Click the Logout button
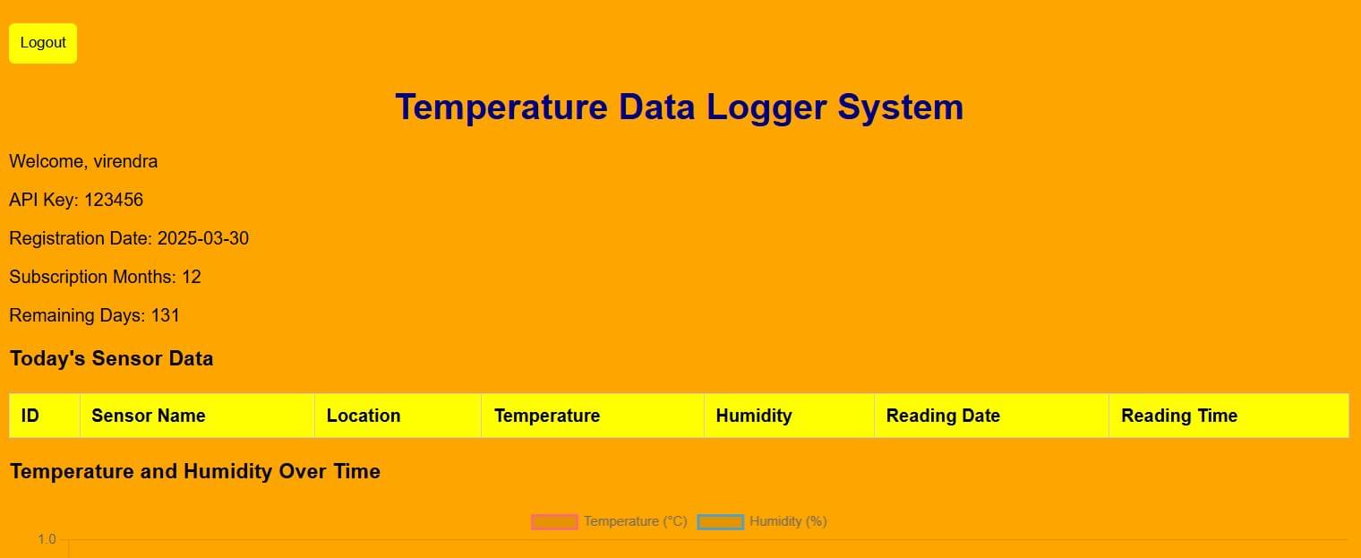43,43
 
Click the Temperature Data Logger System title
679,107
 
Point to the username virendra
125,162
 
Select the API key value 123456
114,200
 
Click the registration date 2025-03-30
203,238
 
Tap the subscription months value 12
192,277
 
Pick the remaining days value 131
166,315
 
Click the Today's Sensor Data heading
111,359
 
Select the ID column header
30,416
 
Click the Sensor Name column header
149,416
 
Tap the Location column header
364,416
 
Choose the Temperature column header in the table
547,416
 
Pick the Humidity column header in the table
754,416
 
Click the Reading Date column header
943,416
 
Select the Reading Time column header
1179,416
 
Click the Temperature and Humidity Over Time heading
195,471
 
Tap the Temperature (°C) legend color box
554,521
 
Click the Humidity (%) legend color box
721,521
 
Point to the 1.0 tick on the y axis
47,539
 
